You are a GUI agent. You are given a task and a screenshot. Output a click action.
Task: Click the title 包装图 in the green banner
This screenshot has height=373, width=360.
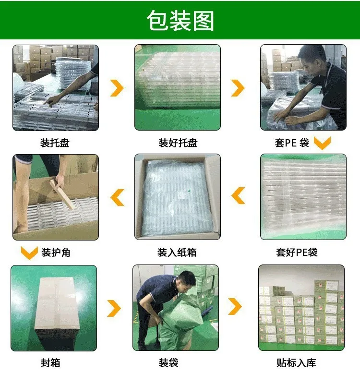180,21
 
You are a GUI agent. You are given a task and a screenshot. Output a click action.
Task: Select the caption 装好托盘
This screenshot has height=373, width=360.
178,143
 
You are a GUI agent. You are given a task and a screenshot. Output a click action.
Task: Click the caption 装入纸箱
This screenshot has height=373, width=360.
177,252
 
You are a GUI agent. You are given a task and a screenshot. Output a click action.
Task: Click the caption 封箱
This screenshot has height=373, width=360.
50,363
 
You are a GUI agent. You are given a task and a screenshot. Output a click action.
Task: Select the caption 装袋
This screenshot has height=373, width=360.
168,363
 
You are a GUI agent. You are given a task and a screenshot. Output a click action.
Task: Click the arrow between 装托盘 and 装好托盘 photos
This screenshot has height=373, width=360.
117,88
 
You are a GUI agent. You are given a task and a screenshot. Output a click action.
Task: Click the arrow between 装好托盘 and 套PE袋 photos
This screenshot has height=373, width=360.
238,88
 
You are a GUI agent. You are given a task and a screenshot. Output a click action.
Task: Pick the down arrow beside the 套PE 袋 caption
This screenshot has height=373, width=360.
322,143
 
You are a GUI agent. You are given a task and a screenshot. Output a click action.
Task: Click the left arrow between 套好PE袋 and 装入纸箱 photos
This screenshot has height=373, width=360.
239,196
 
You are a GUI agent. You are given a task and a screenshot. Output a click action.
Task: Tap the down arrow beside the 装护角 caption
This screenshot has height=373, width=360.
29,253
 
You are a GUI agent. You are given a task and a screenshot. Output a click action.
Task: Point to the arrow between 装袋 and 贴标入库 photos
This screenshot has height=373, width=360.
235,307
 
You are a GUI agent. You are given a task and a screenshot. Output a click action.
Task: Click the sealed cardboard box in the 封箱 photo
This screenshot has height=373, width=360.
56,307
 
